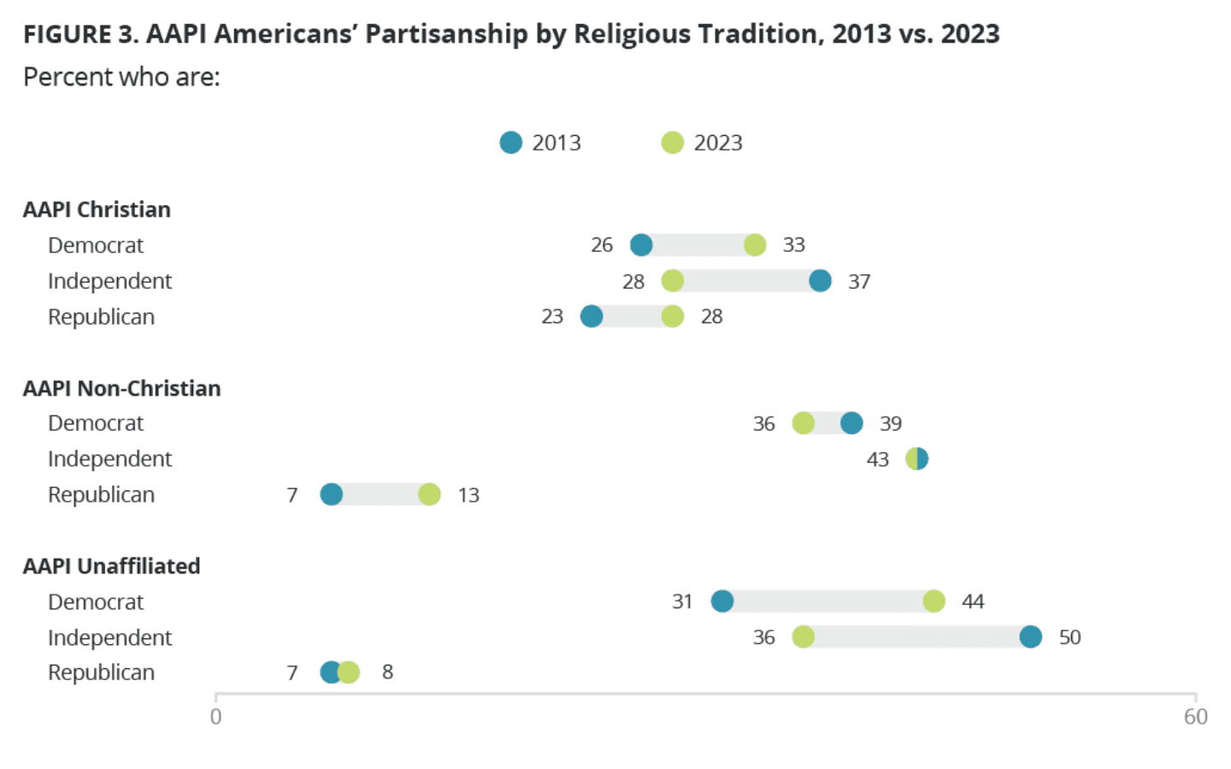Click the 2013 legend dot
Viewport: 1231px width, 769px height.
[x=510, y=143]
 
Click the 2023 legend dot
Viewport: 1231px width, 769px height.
[x=673, y=143]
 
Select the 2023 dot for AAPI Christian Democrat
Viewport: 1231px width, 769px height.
[x=755, y=245]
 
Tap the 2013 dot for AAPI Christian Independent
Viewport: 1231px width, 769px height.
[x=820, y=280]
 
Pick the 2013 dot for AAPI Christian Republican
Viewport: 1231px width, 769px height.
[x=592, y=316]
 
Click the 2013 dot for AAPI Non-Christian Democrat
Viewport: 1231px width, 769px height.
[x=851, y=423]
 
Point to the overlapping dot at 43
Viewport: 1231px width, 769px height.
[x=916, y=459]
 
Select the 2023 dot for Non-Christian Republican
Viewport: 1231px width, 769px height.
[x=429, y=495]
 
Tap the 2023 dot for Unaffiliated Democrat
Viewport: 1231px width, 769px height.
[x=934, y=602]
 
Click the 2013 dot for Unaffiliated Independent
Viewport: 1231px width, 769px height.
[x=1031, y=637]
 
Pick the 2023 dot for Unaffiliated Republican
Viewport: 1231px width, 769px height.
[x=349, y=672]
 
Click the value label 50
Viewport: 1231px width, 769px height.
[x=1069, y=637]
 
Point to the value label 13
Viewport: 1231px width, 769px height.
[x=468, y=496]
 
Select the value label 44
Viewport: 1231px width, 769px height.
[x=973, y=602]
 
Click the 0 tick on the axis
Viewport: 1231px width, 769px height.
[x=216, y=717]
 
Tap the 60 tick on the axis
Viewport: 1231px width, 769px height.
[x=1195, y=717]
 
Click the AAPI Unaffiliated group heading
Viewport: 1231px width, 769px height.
[x=112, y=566]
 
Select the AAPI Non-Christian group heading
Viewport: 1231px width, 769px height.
[x=122, y=389]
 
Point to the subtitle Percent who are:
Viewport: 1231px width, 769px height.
[x=121, y=77]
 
